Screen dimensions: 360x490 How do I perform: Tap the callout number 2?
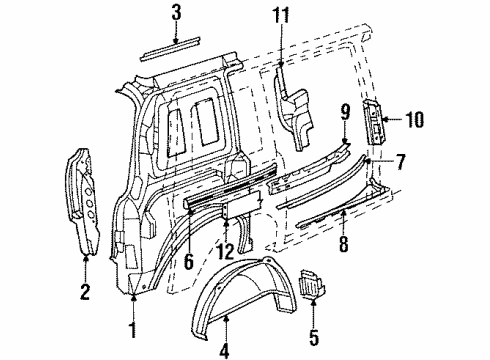[x=84, y=292]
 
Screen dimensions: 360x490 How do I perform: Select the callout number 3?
[x=176, y=12]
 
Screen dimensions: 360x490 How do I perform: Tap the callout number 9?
[x=342, y=112]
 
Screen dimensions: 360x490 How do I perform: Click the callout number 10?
[x=414, y=120]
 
